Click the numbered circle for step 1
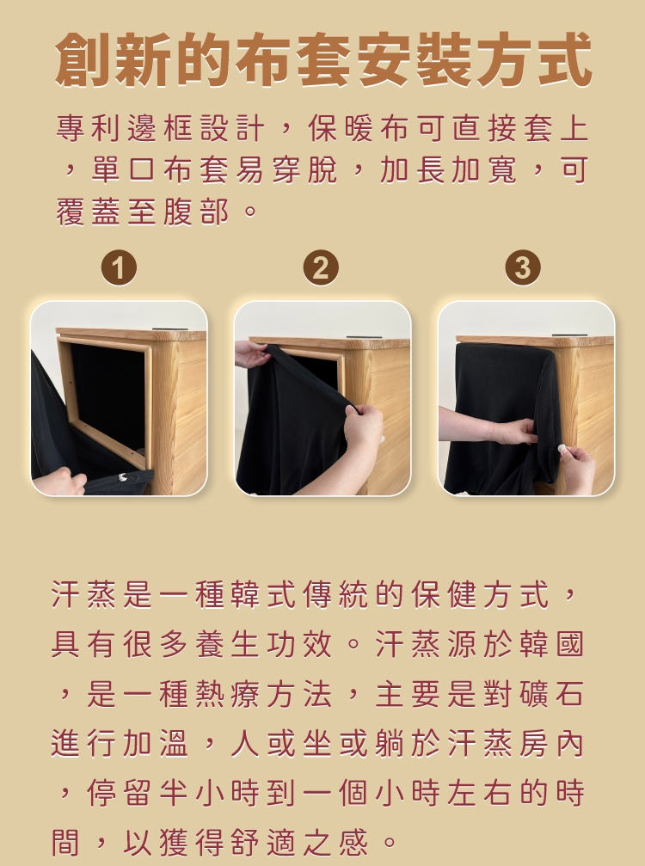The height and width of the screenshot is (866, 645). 119,268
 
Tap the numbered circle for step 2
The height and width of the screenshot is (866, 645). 321,268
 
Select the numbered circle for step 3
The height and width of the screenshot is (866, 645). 523,268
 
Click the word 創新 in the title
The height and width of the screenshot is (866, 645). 114,60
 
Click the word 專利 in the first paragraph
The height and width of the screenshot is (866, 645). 92,129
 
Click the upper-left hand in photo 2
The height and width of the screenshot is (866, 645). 250,353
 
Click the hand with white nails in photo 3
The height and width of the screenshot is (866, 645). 574,465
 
